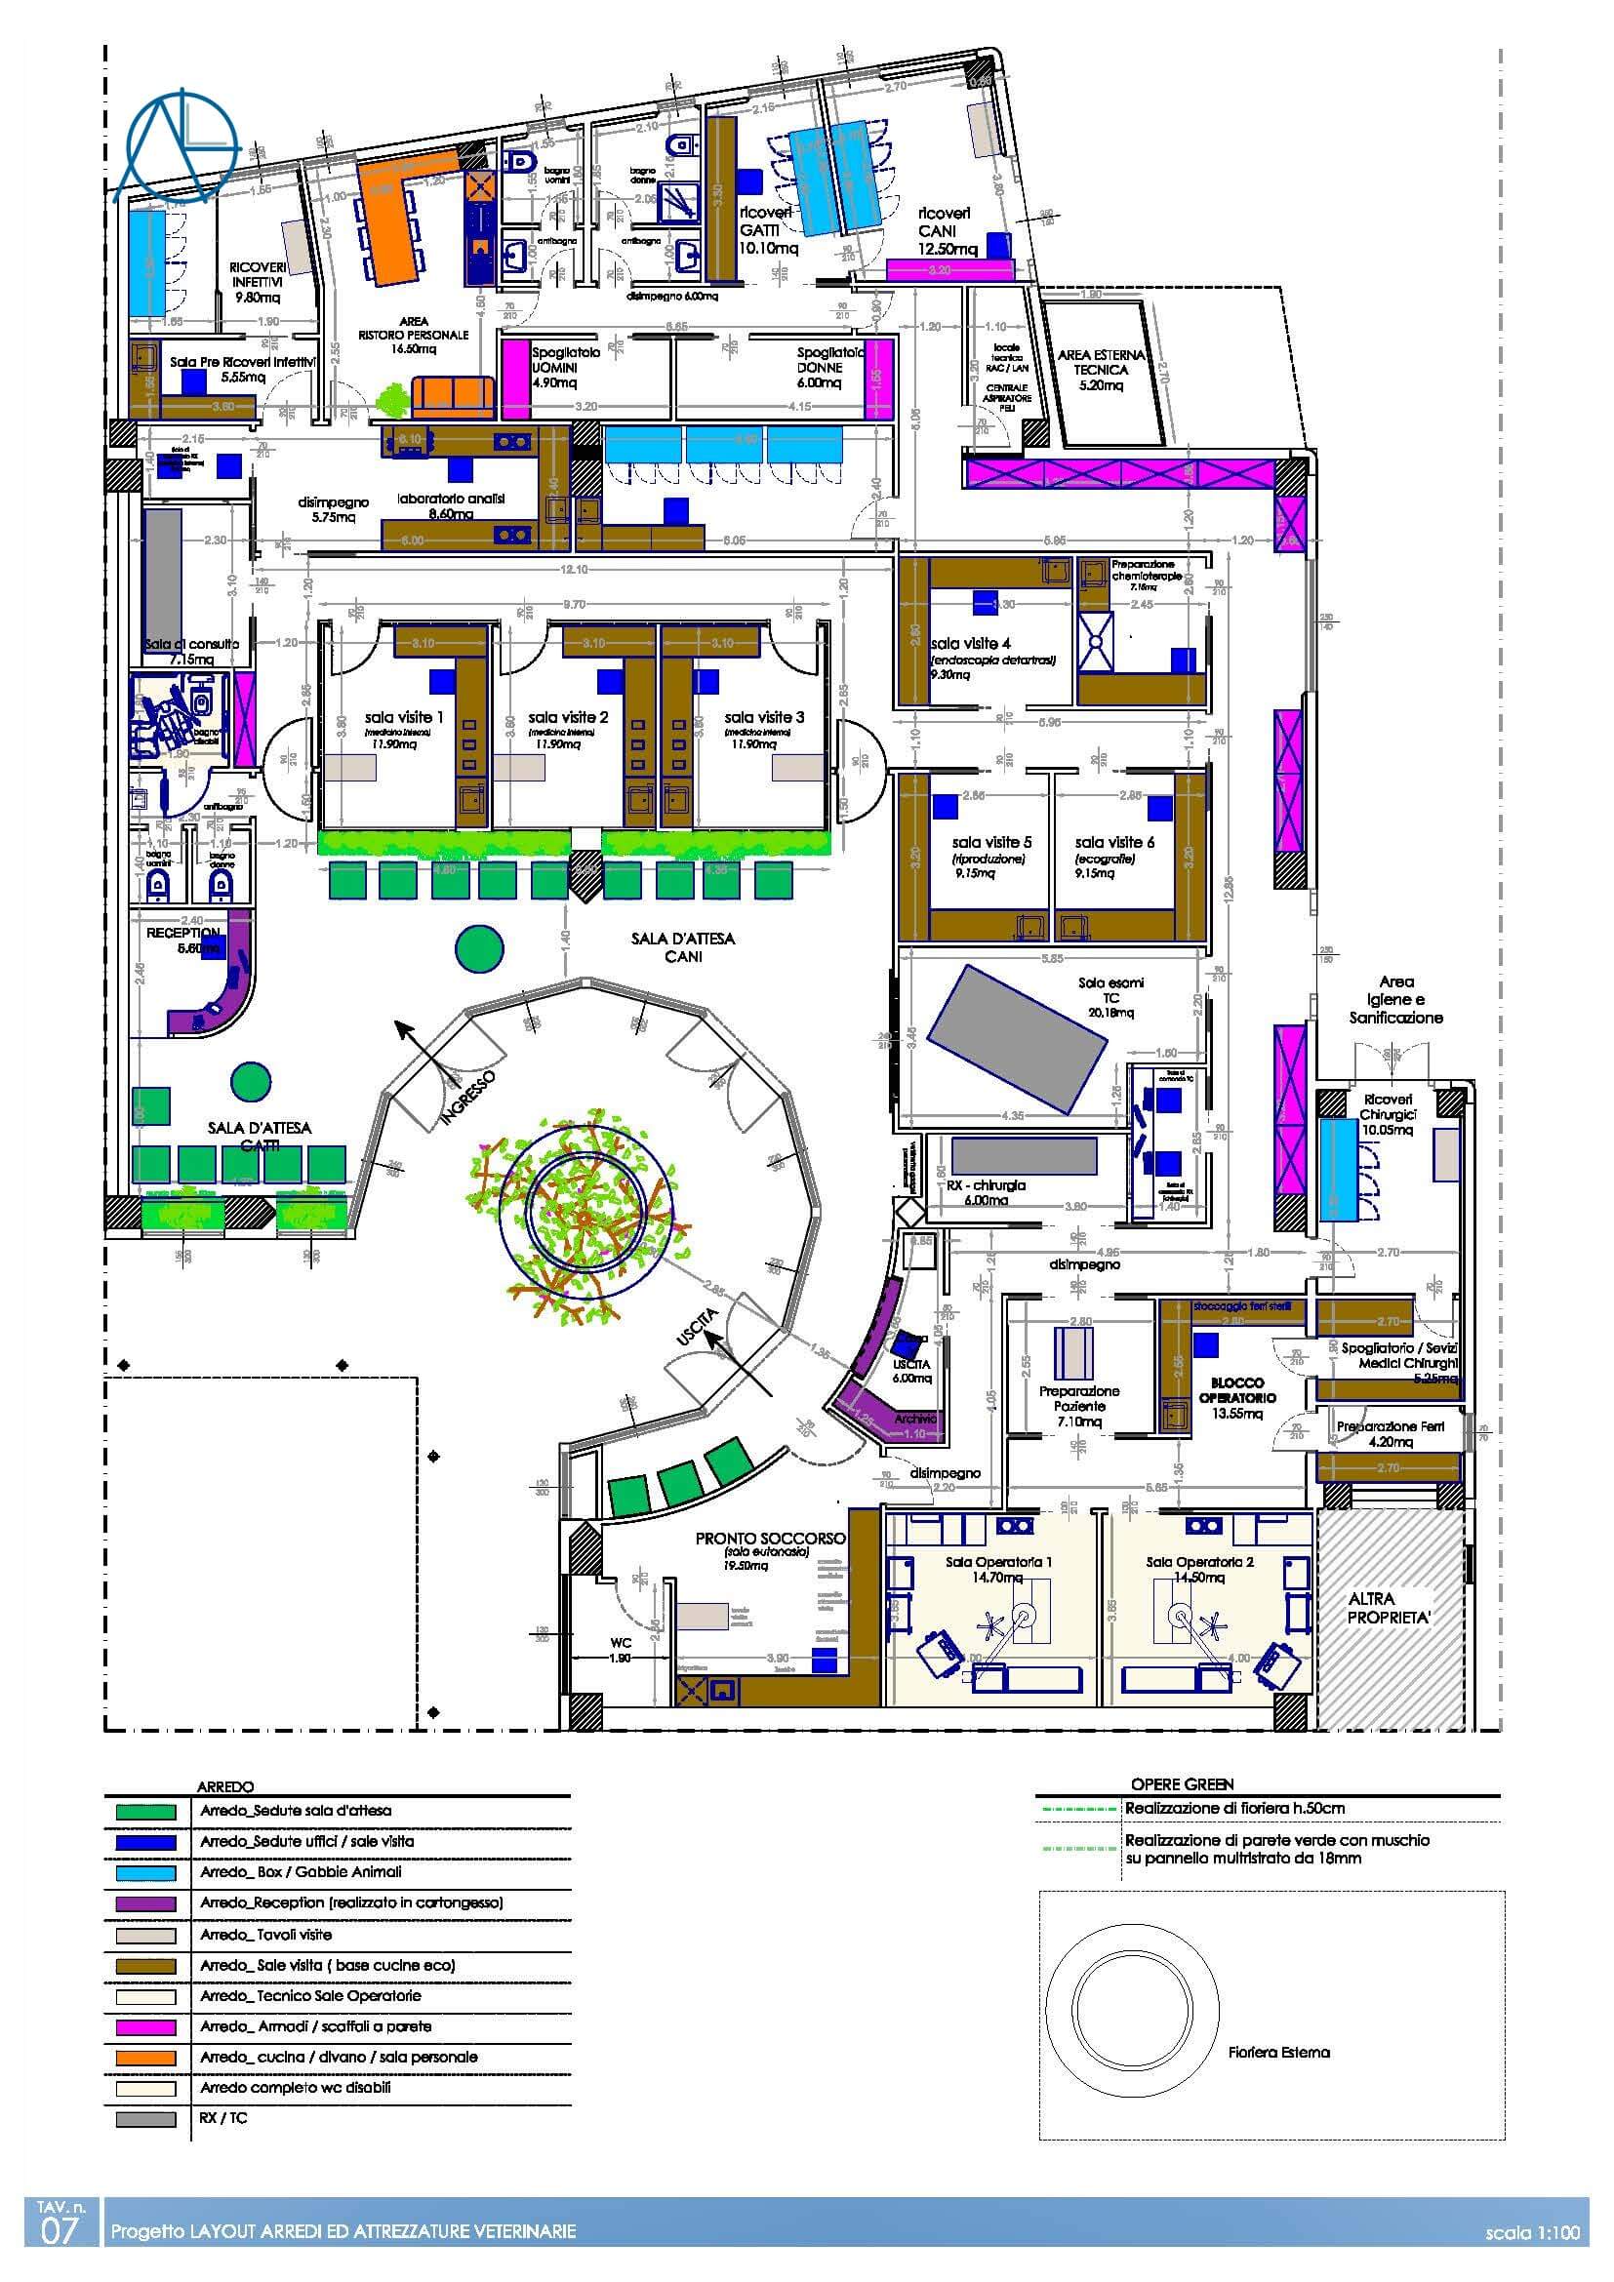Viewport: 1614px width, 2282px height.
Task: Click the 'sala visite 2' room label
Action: pyautogui.click(x=568, y=717)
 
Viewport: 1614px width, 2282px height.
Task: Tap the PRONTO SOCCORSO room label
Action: pyautogui.click(x=770, y=1538)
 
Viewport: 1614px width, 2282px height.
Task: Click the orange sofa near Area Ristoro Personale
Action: pyautogui.click(x=452, y=396)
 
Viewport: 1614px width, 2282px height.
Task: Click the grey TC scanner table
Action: pyautogui.click(x=1018, y=1040)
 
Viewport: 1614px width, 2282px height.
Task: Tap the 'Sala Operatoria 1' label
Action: pyautogui.click(x=999, y=1561)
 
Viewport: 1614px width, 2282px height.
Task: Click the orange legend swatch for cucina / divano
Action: pyautogui.click(x=145, y=2058)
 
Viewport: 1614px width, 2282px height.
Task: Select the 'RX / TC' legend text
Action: pyautogui.click(x=223, y=2118)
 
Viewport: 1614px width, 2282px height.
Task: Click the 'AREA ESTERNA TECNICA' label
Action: pyautogui.click(x=1101, y=362)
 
